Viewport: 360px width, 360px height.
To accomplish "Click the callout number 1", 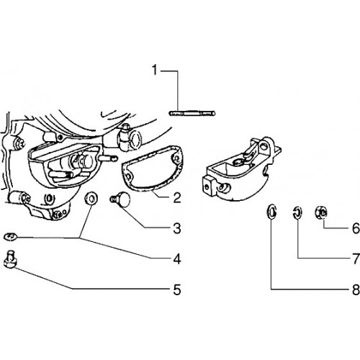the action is coord(155,70).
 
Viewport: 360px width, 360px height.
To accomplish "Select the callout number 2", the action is coord(177,197).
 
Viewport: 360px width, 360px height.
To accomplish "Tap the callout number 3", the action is coord(177,228).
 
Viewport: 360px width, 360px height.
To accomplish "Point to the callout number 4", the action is coord(177,259).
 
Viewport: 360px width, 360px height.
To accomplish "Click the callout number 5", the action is coord(177,289).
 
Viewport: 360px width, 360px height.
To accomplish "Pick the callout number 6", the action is coord(356,228).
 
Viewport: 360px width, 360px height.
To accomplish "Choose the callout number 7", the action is coord(356,259).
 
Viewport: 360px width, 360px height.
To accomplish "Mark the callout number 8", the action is coord(356,289).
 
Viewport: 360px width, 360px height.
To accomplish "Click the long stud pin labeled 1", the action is coord(192,113).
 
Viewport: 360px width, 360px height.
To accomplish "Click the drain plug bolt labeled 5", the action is coord(10,259).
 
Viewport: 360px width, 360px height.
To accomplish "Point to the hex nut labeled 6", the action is coord(321,212).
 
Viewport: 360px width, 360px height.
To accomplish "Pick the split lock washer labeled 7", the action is coord(297,212).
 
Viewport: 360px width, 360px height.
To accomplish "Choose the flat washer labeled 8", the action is coord(272,212).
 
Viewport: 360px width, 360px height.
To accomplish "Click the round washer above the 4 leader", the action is coord(91,198).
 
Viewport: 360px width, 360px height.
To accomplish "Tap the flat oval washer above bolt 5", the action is coord(10,237).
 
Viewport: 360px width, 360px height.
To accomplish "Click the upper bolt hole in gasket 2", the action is coord(176,158).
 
